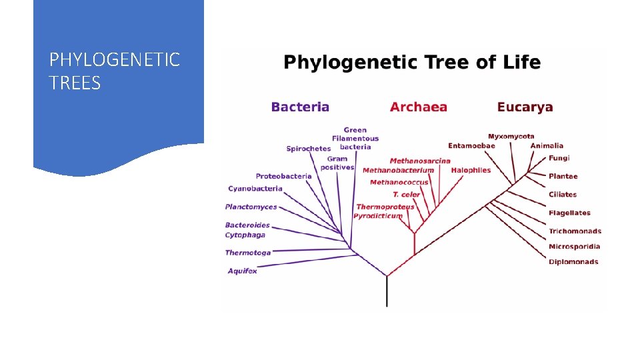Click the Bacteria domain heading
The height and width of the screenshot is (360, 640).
300,107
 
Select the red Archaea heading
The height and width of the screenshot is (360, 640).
419,107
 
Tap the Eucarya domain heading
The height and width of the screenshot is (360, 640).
525,107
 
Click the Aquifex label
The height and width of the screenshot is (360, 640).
242,271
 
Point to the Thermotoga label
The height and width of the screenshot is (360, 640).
248,253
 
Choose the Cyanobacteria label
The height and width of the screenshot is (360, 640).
255,189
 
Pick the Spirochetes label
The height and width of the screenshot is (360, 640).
309,149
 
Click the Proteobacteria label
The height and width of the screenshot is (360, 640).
283,176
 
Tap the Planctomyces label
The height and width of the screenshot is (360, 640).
251,207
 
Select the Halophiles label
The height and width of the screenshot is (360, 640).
471,170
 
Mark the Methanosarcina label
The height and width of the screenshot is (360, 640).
420,161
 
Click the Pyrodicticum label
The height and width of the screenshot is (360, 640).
378,216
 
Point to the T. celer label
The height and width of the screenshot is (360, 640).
407,195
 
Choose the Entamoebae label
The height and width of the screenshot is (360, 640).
471,146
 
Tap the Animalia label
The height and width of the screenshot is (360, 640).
547,145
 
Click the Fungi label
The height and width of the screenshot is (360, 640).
559,158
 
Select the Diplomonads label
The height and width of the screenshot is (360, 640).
573,262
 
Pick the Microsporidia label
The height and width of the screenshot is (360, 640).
574,247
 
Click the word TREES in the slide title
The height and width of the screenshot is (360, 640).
75,83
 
